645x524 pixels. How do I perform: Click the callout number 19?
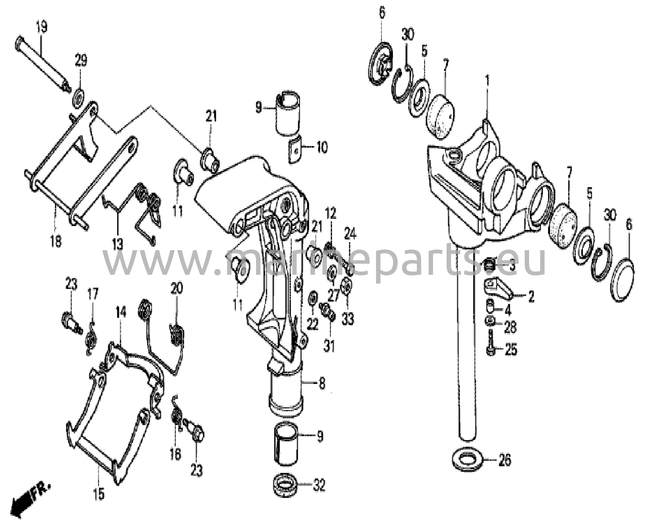[x=41, y=27]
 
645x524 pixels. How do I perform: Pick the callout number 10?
[x=321, y=147]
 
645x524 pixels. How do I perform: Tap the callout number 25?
[x=511, y=349]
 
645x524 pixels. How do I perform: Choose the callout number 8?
[x=321, y=383]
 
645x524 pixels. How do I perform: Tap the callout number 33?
[x=348, y=319]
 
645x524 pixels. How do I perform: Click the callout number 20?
[x=177, y=288]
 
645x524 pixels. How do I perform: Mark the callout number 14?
[x=121, y=313]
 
